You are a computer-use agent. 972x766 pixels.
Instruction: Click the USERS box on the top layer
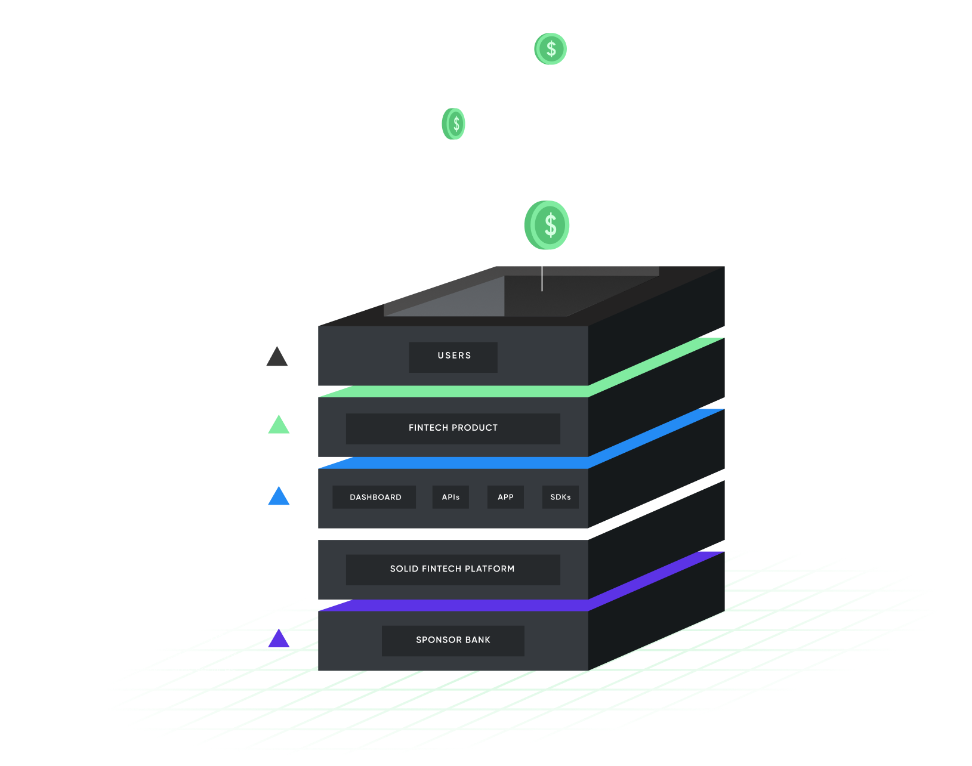(x=453, y=357)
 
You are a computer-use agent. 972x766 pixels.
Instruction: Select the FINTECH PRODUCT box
(x=453, y=428)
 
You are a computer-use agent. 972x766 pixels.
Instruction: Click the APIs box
(x=450, y=497)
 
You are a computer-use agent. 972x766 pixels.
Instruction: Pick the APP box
(x=505, y=497)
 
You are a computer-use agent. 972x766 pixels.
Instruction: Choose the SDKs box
(x=560, y=497)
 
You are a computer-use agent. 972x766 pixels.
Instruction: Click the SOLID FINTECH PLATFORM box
(x=453, y=569)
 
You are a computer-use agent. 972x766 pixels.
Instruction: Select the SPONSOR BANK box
(x=453, y=640)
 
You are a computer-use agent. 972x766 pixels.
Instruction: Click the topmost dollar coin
(x=550, y=49)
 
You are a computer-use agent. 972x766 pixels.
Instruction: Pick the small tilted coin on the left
(x=453, y=124)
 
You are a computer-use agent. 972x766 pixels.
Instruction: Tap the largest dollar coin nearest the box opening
(x=547, y=226)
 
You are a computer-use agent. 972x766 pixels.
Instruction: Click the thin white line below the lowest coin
(x=542, y=278)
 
